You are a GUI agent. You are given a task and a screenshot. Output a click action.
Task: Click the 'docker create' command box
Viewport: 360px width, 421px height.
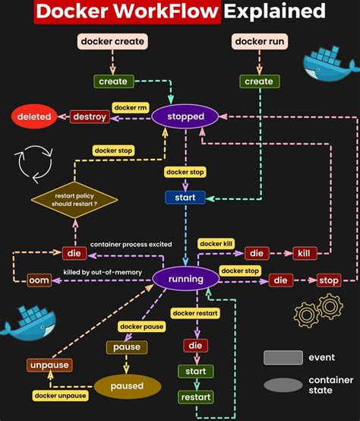point(112,41)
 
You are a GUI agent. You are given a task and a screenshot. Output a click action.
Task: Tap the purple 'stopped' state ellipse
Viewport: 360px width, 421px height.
point(185,116)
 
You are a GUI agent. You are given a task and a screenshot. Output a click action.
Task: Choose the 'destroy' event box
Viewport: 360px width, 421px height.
point(89,116)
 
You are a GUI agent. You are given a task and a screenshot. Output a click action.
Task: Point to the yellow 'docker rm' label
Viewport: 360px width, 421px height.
point(130,108)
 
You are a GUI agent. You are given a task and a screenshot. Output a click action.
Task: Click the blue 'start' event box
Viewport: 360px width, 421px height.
point(185,198)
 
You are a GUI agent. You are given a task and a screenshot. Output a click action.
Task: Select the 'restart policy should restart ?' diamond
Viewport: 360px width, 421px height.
point(74,199)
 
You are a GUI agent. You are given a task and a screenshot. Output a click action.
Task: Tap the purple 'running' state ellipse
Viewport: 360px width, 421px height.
point(186,279)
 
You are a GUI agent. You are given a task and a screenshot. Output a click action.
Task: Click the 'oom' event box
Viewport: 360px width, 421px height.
point(39,280)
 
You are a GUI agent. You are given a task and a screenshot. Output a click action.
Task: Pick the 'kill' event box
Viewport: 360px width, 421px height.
point(303,253)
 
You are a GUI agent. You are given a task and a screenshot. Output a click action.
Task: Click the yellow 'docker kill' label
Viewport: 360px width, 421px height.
point(216,244)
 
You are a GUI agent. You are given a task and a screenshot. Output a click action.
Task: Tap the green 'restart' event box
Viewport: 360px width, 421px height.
point(195,397)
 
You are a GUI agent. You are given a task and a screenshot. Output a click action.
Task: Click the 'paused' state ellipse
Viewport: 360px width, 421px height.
point(127,386)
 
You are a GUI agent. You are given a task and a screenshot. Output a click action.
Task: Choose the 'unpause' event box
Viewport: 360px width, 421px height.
point(49,365)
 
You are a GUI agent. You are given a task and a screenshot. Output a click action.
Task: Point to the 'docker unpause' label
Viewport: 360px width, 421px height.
point(60,395)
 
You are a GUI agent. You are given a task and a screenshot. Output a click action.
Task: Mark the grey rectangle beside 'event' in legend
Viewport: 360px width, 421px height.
point(283,357)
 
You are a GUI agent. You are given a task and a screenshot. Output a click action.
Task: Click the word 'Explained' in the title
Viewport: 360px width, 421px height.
point(275,11)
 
